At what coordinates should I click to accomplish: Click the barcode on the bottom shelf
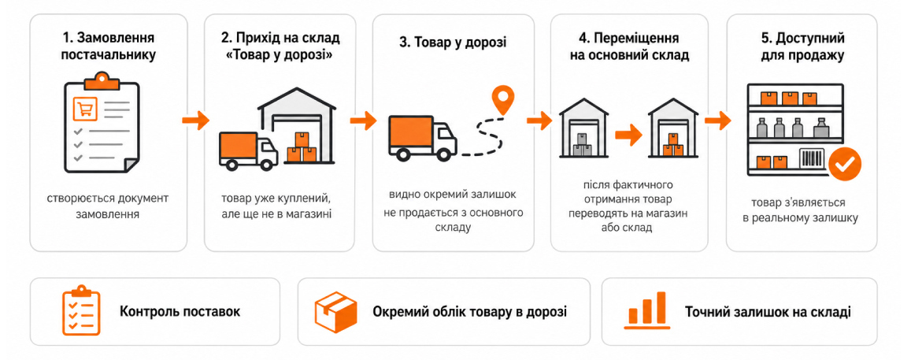coord(813,160)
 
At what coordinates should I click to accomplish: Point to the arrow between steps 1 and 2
coord(195,121)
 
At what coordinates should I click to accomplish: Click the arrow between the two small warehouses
coord(628,135)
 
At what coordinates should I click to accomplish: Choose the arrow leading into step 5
coord(717,121)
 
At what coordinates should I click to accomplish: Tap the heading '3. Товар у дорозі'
coord(454,43)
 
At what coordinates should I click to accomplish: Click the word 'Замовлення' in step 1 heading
coord(115,39)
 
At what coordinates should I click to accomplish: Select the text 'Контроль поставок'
coord(180,311)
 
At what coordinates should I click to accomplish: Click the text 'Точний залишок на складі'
coord(768,311)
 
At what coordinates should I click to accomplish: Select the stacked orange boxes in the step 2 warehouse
coord(302,148)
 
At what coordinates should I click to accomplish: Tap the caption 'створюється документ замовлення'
coord(109,206)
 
